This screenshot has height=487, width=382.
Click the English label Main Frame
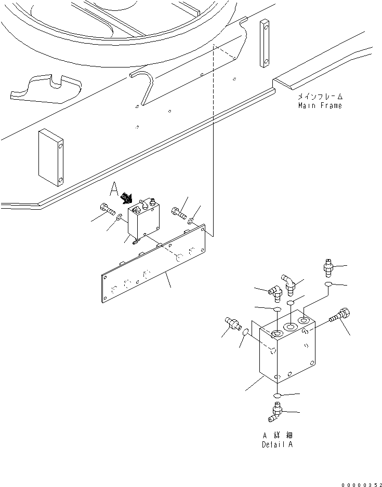pos(320,105)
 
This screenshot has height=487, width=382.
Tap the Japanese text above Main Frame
pos(320,97)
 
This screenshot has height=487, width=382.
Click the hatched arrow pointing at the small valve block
pos(126,198)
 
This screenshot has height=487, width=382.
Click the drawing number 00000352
pos(358,483)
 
